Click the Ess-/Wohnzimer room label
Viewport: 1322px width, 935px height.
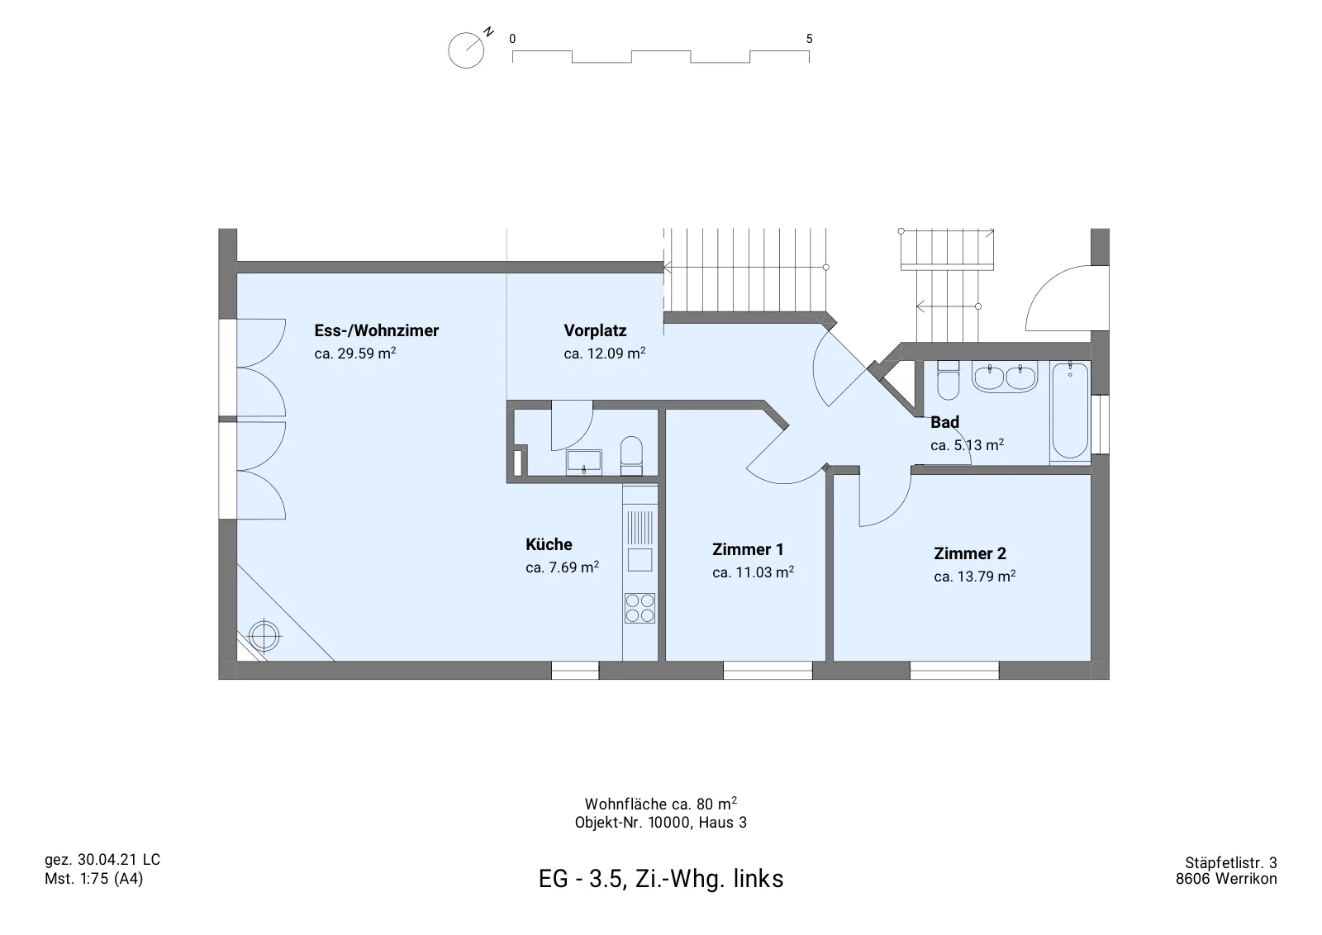tap(377, 330)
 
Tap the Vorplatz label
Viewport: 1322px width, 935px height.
tap(595, 330)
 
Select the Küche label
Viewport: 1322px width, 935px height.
tap(549, 543)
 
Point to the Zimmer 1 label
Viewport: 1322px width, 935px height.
tap(748, 549)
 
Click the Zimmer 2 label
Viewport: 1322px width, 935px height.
tap(970, 553)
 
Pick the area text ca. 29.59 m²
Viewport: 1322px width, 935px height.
tap(354, 353)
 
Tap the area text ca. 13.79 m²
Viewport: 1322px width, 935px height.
tap(974, 576)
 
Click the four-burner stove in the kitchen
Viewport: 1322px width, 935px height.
tap(640, 608)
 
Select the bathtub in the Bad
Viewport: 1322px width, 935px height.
tap(1070, 411)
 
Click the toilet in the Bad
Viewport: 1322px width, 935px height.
tap(949, 380)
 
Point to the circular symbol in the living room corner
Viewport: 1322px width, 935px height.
tap(264, 636)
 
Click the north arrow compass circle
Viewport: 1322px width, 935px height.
tap(466, 50)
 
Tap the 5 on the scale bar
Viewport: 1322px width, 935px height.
tap(809, 39)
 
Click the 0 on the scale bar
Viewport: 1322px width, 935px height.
tap(512, 39)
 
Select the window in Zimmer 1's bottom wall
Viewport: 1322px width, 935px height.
tap(768, 670)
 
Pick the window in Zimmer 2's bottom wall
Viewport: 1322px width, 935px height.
tap(954, 670)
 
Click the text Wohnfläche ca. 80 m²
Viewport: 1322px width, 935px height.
tap(660, 804)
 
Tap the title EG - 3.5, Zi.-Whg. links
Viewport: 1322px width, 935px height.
tap(661, 878)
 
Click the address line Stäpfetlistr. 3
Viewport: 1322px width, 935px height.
tap(1230, 863)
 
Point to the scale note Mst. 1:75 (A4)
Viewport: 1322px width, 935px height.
tap(94, 879)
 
